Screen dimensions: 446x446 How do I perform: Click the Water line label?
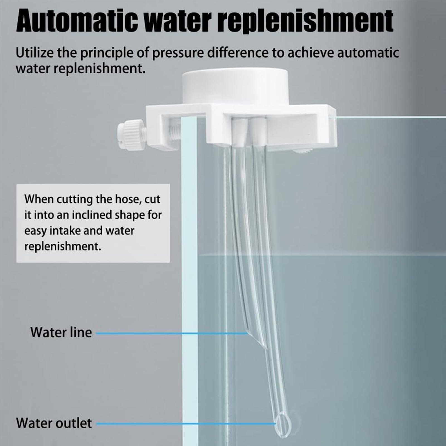[x=61, y=332]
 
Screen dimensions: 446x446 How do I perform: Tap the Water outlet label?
[x=54, y=423]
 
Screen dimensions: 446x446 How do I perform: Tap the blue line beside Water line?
[x=171, y=333]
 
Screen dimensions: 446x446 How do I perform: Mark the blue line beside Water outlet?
[x=186, y=424]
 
